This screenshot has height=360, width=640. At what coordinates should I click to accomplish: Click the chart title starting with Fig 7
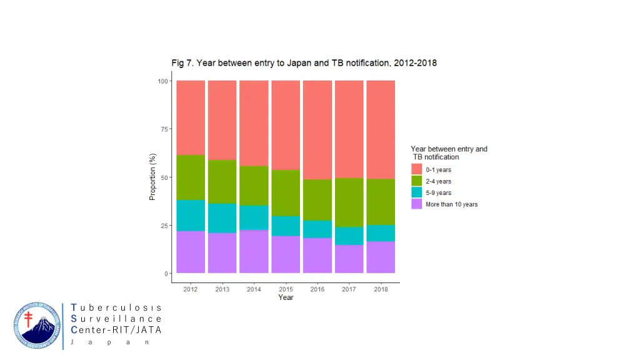304,63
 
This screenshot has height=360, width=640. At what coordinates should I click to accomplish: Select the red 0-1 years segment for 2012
191,117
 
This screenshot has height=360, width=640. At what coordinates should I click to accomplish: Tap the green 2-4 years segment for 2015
286,192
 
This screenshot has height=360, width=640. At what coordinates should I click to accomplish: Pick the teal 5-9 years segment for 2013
222,217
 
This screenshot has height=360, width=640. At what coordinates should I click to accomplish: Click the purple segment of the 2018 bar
381,257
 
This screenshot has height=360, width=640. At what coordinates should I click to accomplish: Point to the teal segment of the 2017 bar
349,236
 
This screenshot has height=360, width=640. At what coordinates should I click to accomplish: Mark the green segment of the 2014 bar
254,186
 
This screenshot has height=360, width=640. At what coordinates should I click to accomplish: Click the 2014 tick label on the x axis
254,289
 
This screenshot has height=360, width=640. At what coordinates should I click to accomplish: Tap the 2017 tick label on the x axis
349,289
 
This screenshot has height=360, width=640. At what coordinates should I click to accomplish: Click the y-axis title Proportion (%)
152,177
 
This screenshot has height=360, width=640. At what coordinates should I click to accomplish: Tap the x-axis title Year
286,298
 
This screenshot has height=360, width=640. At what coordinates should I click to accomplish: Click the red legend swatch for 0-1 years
416,169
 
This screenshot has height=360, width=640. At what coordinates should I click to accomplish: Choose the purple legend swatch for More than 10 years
416,204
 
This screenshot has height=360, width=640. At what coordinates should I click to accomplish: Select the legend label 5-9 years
439,192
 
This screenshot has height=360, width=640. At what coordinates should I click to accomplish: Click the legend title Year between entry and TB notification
448,153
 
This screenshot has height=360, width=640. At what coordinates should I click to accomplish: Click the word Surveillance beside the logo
117,319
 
